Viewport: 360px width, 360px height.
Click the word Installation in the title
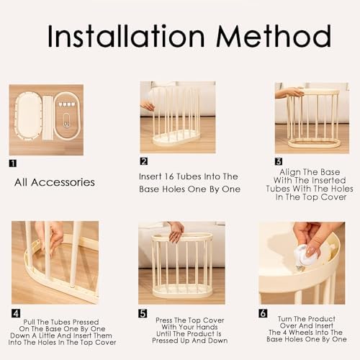pyautogui.click(x=126, y=36)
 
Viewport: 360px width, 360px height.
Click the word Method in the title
pyautogui.click(x=274, y=36)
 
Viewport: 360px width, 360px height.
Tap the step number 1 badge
pyautogui.click(x=13, y=163)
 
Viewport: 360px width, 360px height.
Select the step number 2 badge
pyautogui.click(x=144, y=161)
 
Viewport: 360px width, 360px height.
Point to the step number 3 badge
pyautogui.click(x=279, y=161)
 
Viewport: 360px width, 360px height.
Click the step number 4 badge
pyautogui.click(x=16, y=313)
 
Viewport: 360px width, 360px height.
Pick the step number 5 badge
pyautogui.click(x=143, y=313)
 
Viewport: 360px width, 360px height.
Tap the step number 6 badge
pyautogui.click(x=263, y=313)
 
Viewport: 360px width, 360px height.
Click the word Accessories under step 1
pyautogui.click(x=63, y=182)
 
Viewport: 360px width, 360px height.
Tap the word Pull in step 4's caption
pyautogui.click(x=29, y=322)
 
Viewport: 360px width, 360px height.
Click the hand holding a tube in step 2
pyautogui.click(x=148, y=106)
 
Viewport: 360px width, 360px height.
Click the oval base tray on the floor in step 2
pyautogui.click(x=176, y=138)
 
